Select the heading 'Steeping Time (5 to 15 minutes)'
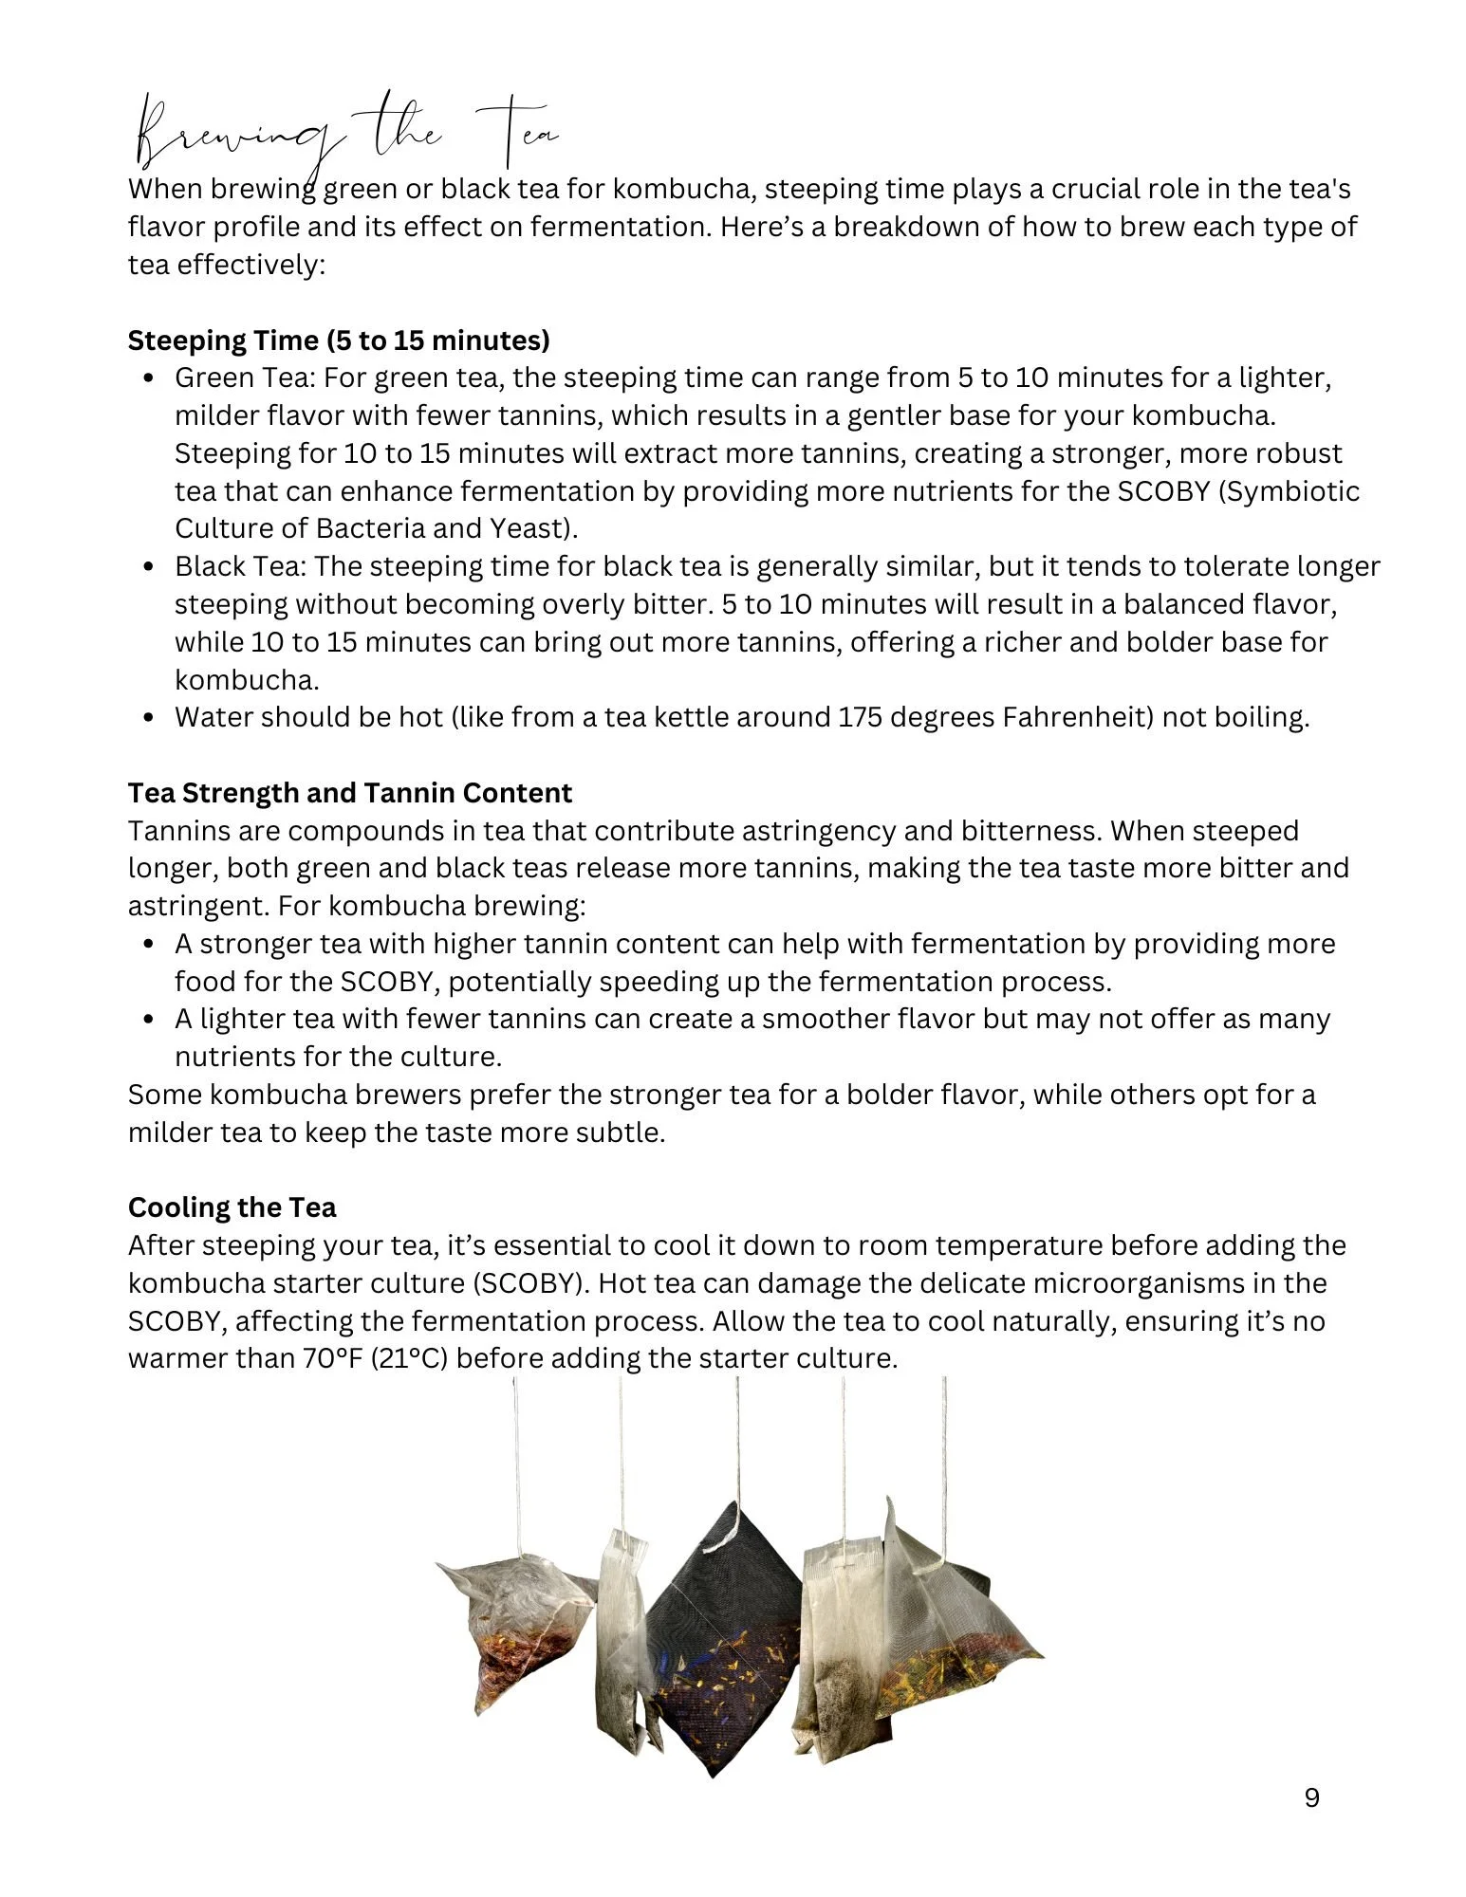(x=339, y=341)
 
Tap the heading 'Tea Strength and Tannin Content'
(x=350, y=793)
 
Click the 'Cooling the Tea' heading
(x=232, y=1207)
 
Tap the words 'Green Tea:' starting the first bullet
(x=244, y=378)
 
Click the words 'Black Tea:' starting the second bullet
(x=240, y=566)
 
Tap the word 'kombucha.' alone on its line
(x=247, y=680)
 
